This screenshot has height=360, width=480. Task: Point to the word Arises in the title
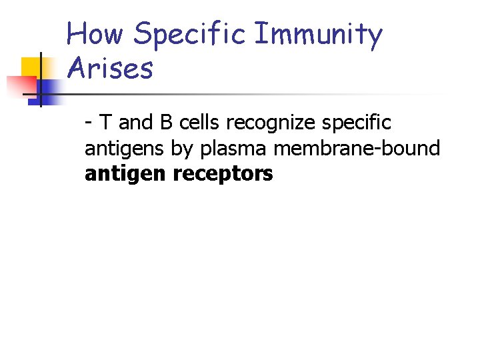(110, 68)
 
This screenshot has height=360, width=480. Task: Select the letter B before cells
(165, 123)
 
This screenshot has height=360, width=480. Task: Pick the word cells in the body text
(199, 123)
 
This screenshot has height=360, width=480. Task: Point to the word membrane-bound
(357, 148)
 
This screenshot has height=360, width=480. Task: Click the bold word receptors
(223, 175)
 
